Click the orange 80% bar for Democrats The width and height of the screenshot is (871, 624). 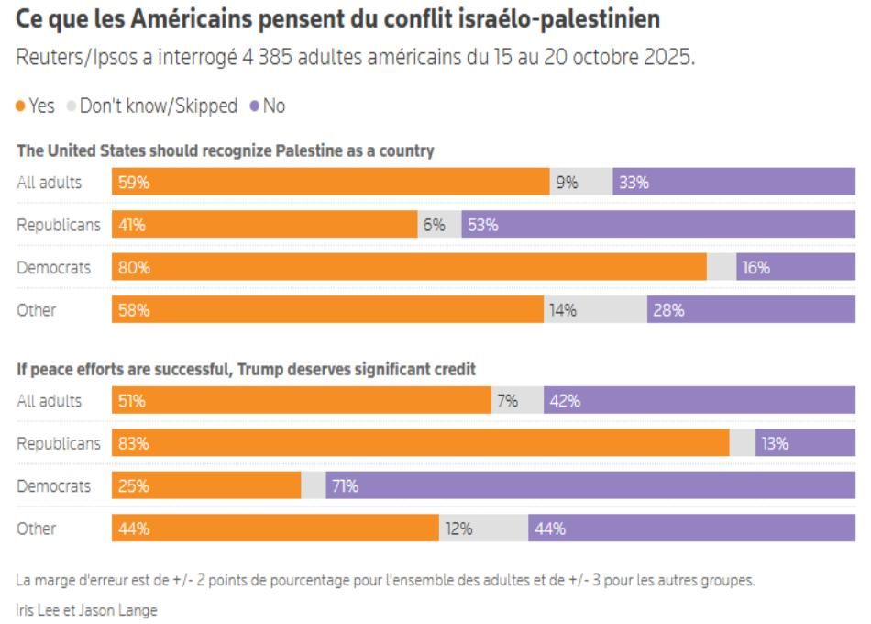click(x=409, y=267)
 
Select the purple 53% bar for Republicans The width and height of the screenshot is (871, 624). click(x=658, y=224)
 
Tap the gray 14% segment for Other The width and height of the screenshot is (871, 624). click(x=595, y=309)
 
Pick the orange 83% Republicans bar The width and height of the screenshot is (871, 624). click(x=421, y=442)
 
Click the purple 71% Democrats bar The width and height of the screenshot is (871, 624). click(x=590, y=485)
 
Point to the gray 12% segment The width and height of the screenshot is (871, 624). click(x=483, y=528)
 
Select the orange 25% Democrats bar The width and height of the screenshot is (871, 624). click(x=206, y=485)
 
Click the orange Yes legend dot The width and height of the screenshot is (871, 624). click(x=20, y=106)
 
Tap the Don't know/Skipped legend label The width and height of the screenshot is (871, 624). click(x=159, y=106)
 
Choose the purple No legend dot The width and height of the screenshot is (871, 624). click(x=254, y=106)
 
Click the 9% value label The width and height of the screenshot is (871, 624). click(x=568, y=183)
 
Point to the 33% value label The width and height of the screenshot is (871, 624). click(x=634, y=183)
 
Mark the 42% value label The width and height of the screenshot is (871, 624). click(x=565, y=401)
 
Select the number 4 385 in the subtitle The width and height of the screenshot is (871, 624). click(x=267, y=57)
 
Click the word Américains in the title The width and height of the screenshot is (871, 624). click(x=192, y=19)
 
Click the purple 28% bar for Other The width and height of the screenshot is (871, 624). click(x=751, y=309)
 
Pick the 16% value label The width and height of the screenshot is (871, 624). click(x=756, y=268)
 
